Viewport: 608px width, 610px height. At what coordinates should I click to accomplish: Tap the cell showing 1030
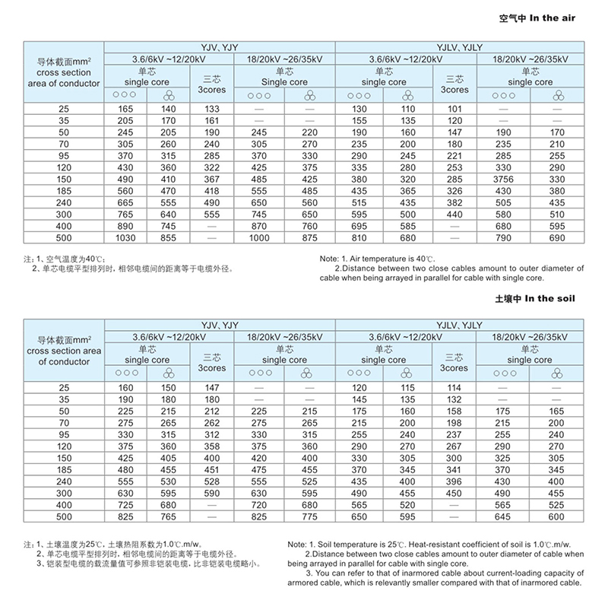point(125,238)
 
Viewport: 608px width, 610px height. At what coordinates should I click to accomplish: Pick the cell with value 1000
point(259,238)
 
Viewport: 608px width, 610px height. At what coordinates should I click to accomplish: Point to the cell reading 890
point(125,226)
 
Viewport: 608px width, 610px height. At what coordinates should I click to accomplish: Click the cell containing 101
point(454,110)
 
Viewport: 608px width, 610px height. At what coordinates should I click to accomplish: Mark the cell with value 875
point(309,238)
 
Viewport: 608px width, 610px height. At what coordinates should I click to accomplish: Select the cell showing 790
point(504,238)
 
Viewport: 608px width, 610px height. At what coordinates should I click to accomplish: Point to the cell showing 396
point(454,482)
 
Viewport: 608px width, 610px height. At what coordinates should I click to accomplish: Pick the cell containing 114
point(454,387)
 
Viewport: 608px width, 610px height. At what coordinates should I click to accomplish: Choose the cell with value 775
point(309,516)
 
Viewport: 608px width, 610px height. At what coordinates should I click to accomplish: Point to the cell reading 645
point(504,516)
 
